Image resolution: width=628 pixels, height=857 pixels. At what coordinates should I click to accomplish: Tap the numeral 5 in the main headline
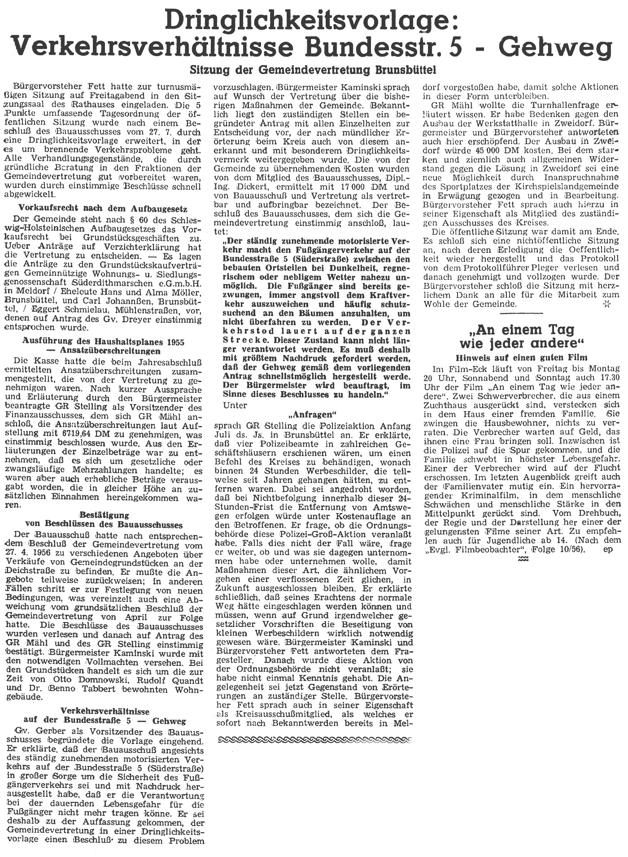click(x=484, y=47)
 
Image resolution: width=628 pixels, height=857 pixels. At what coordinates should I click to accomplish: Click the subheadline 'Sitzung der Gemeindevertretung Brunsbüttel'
click(x=313, y=71)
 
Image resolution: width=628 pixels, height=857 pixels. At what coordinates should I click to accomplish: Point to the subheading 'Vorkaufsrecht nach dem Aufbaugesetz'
click(x=103, y=208)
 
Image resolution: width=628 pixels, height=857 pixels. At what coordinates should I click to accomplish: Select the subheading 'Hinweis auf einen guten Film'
click(x=521, y=357)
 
